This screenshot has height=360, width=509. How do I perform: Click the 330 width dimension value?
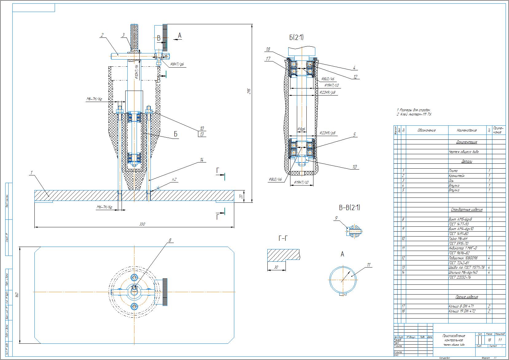[142, 225]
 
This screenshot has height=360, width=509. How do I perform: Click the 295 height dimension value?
[249, 91]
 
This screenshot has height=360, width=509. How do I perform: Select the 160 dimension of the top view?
[17, 295]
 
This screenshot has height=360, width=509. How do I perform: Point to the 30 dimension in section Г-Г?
[276, 267]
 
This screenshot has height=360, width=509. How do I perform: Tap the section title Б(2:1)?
[296, 37]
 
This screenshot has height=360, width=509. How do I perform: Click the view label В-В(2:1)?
[349, 208]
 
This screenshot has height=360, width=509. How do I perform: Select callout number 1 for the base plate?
[31, 173]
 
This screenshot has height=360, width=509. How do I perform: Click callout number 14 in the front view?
[202, 160]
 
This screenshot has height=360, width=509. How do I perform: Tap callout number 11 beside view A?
[369, 265]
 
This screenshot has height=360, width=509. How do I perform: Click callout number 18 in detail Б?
[268, 49]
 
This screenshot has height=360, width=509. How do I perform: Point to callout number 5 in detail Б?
[354, 135]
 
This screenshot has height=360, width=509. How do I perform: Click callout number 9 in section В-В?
[336, 218]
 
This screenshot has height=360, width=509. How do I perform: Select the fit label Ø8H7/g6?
[177, 65]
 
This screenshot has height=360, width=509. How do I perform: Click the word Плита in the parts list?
[453, 171]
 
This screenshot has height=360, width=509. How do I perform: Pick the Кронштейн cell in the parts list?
[457, 176]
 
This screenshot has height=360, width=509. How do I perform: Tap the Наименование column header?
[467, 130]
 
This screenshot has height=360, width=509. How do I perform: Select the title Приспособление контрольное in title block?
[453, 338]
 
